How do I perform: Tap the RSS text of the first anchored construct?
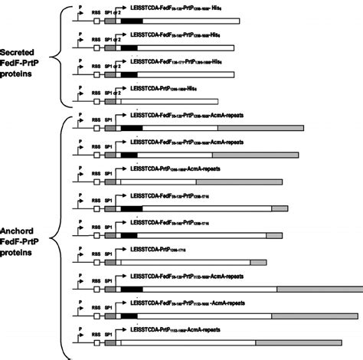pyautogui.click(x=96, y=121)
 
